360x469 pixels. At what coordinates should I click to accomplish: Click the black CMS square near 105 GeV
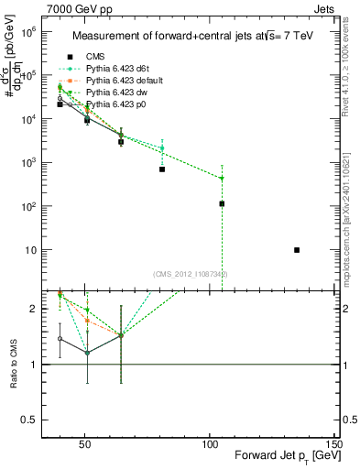coord(222,203)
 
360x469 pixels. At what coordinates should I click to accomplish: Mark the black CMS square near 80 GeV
coord(161,169)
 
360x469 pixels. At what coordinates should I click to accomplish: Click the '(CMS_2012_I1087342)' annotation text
coord(191,274)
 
